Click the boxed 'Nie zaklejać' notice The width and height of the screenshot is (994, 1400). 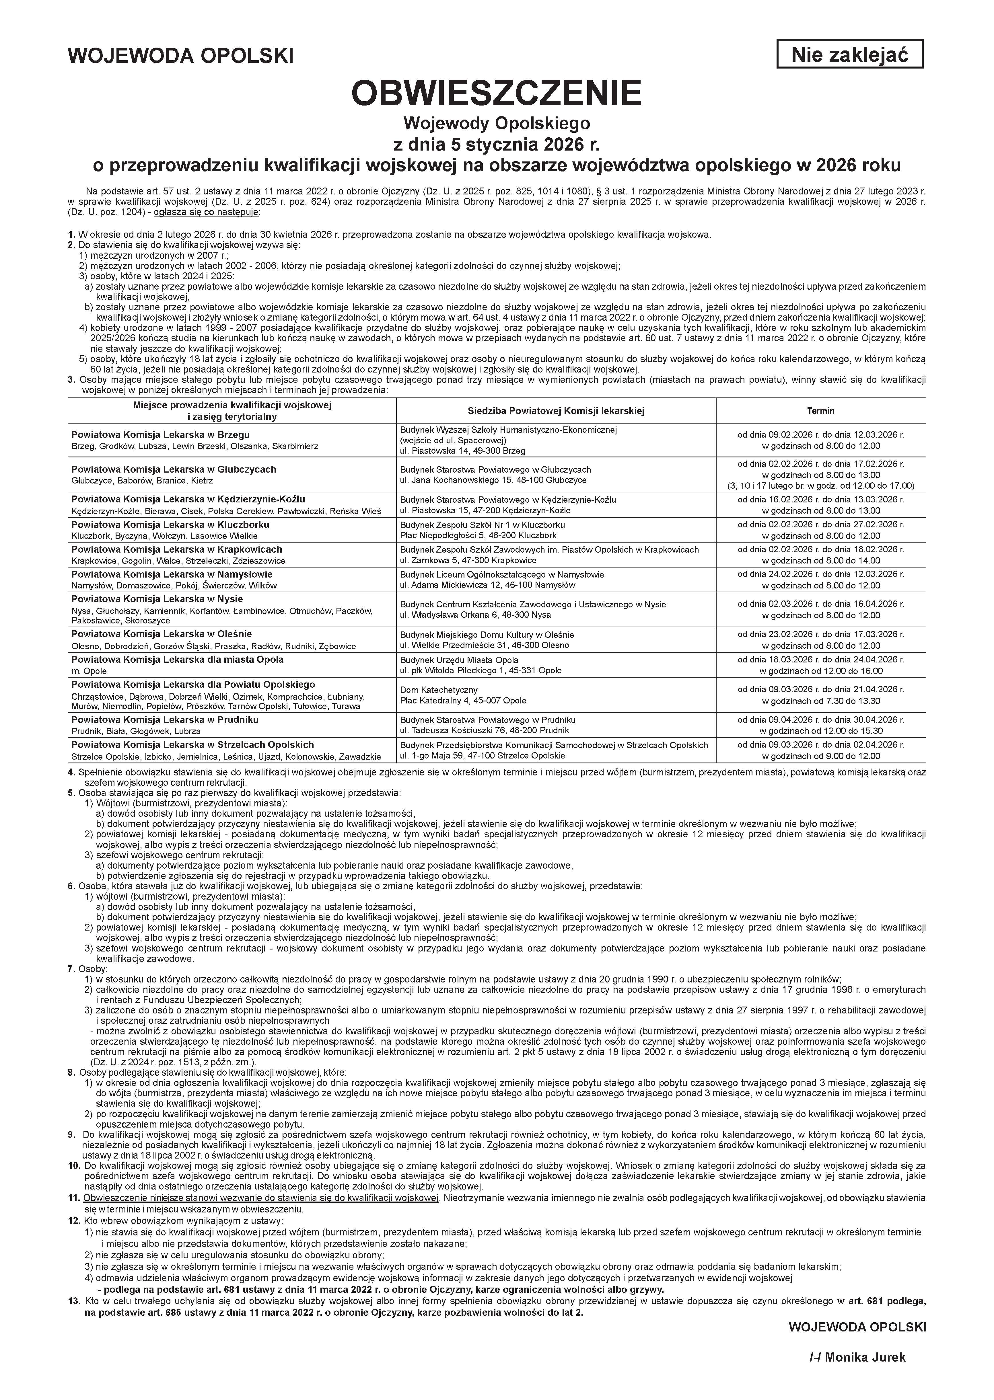tap(849, 54)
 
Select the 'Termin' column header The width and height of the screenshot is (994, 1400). tap(820, 411)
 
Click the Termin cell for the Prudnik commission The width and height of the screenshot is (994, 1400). tap(820, 725)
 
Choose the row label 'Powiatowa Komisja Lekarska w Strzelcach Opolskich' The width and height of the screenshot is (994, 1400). tap(192, 745)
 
